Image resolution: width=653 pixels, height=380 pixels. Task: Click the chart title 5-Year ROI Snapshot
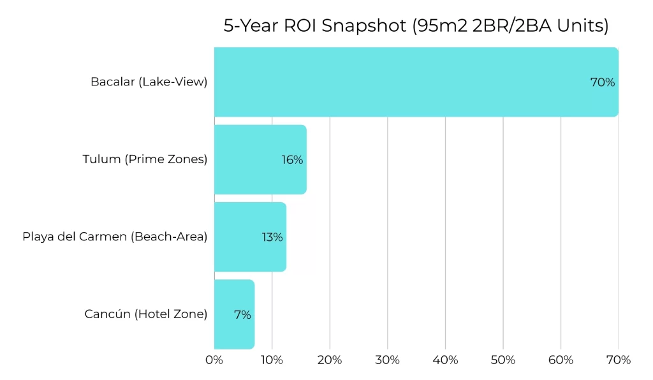(x=416, y=26)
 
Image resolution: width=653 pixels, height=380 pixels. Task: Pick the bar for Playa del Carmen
(x=242, y=237)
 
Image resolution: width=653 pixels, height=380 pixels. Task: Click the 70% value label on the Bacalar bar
(x=602, y=82)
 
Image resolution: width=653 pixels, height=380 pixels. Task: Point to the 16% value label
(x=292, y=159)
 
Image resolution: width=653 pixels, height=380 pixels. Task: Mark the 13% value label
(x=272, y=237)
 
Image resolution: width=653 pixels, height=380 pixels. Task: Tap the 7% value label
(x=242, y=314)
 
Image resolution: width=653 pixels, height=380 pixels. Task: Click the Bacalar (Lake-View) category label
(x=149, y=82)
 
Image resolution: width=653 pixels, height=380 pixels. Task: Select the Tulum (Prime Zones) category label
(x=145, y=159)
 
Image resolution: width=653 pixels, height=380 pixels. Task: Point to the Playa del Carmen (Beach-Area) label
(x=115, y=237)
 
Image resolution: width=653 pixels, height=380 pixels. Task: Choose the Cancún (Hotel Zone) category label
(x=145, y=314)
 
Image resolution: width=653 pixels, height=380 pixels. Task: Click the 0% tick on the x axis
(x=214, y=360)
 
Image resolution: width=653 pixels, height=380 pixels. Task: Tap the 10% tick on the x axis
(x=272, y=360)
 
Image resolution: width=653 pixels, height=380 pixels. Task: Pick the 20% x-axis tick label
(x=330, y=360)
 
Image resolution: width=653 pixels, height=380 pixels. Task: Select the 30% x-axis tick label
(x=388, y=360)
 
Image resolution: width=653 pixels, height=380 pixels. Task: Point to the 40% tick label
(x=445, y=360)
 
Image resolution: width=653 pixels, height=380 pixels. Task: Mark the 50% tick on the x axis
(x=503, y=360)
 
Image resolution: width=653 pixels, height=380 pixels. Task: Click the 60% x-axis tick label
(x=561, y=360)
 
